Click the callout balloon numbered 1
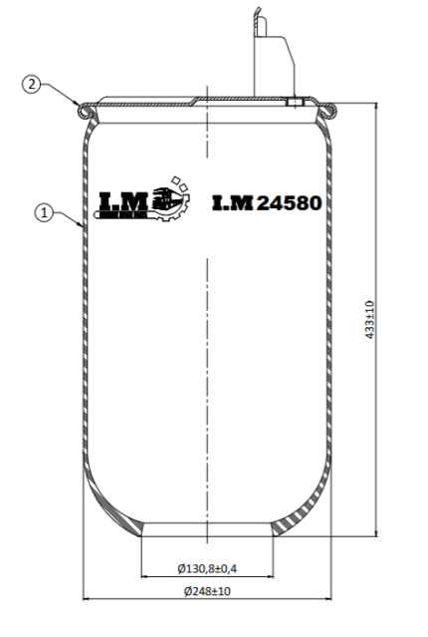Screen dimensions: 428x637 pyautogui.click(x=44, y=212)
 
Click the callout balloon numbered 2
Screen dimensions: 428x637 pyautogui.click(x=31, y=85)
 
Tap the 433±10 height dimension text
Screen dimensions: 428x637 pyautogui.click(x=369, y=320)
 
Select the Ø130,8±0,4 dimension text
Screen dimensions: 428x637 pyautogui.click(x=207, y=568)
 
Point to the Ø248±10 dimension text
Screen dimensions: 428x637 pyautogui.click(x=207, y=591)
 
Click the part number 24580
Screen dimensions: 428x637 pyautogui.click(x=290, y=203)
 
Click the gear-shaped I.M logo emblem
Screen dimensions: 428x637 pyautogui.click(x=171, y=199)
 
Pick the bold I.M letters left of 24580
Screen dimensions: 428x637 pyautogui.click(x=233, y=203)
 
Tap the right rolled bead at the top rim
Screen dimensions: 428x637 pyautogui.click(x=328, y=111)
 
